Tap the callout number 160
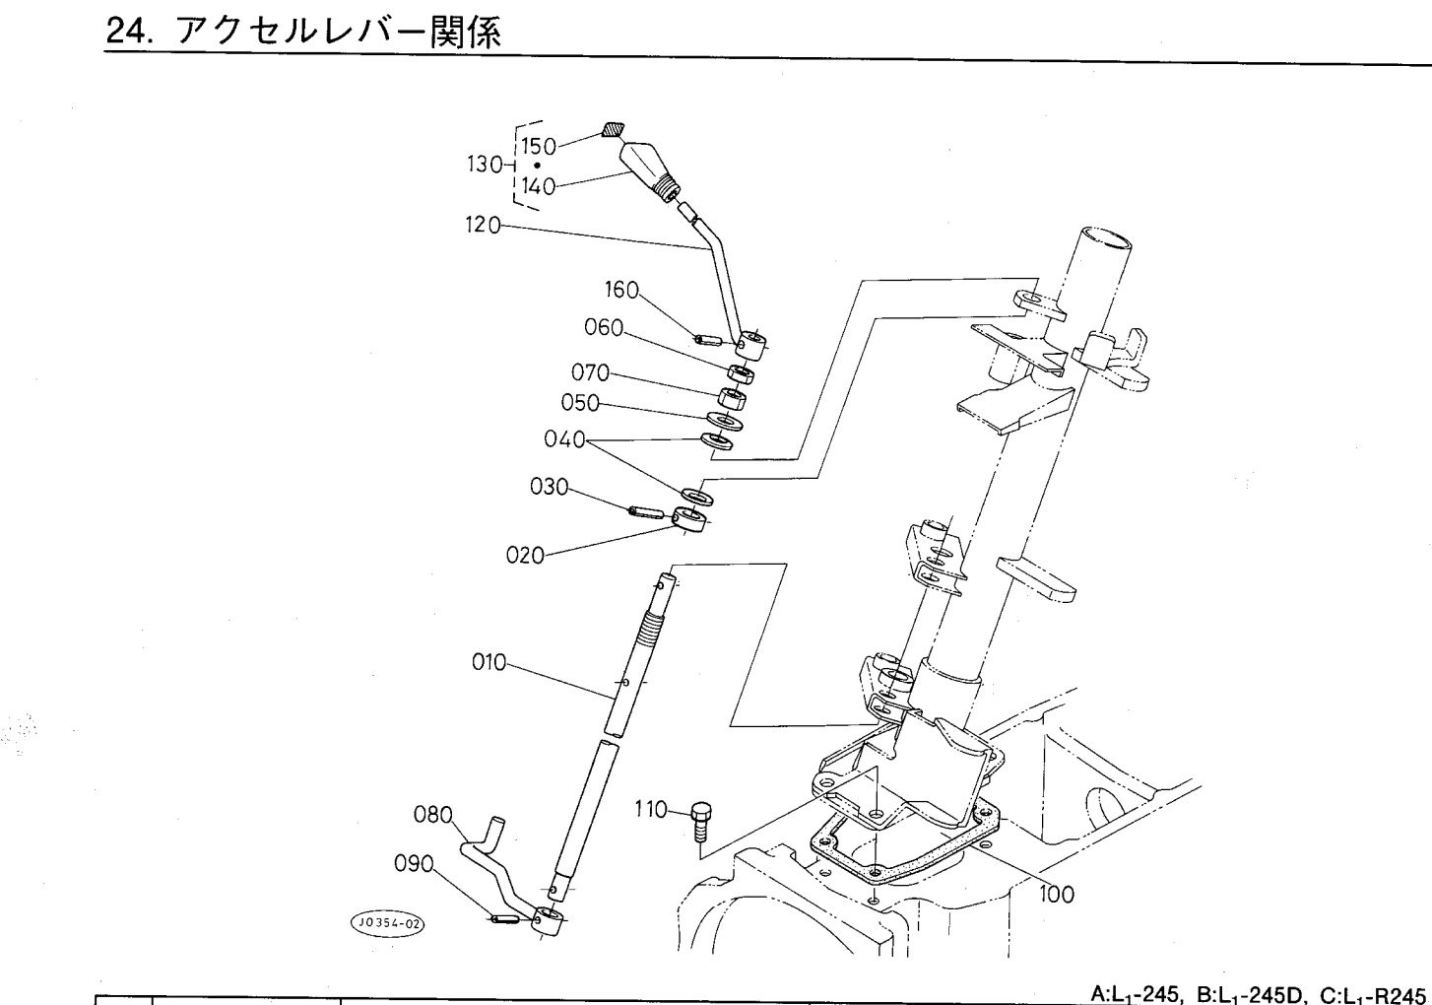(x=621, y=290)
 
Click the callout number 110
(x=651, y=811)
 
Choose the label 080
(x=433, y=816)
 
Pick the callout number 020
(x=525, y=556)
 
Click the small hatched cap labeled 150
(x=613, y=129)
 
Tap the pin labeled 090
(x=504, y=920)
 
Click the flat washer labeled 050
(x=726, y=420)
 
